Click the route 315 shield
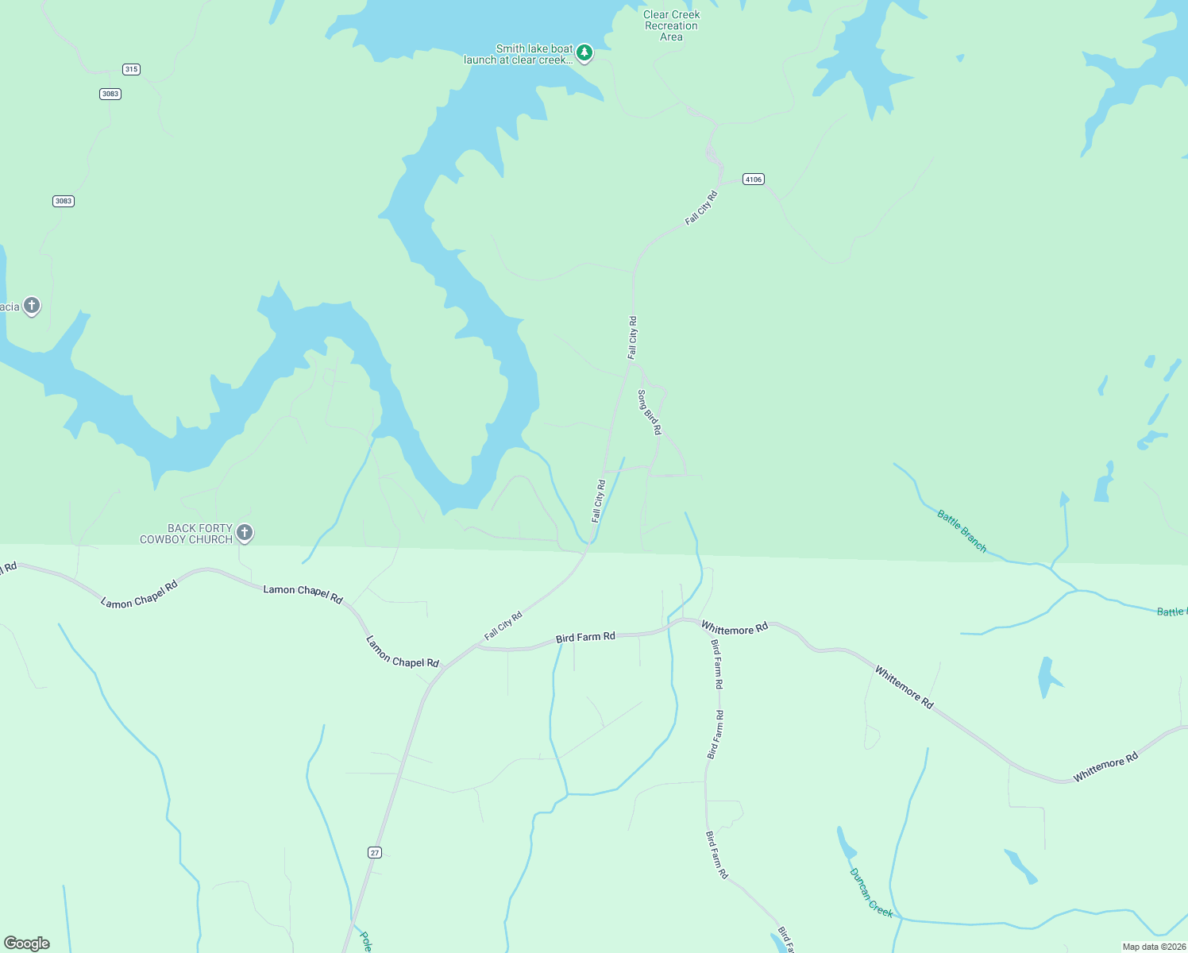[131, 69]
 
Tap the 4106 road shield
[753, 179]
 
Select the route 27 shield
[375, 852]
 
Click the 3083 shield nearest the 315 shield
[110, 94]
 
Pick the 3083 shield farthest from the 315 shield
[64, 201]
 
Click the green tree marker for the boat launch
[584, 53]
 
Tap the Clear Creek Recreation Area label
[671, 25]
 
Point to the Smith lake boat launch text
[519, 54]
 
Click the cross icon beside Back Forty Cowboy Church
[245, 533]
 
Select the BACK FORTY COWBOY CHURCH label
[187, 534]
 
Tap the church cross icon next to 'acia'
[32, 306]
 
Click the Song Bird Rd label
[650, 412]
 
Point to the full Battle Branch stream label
[962, 531]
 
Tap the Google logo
[27, 943]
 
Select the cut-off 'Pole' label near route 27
[364, 942]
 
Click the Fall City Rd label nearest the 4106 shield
[701, 207]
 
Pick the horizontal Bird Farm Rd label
[585, 637]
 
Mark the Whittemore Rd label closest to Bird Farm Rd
[735, 628]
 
